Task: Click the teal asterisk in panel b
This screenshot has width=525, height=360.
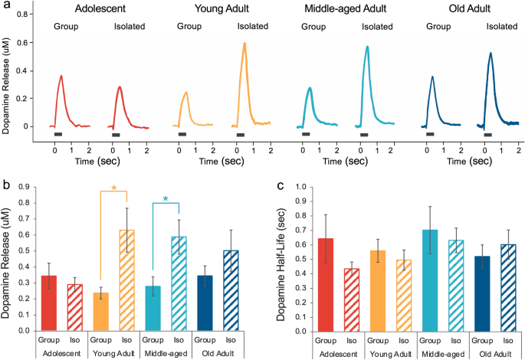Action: [166, 200]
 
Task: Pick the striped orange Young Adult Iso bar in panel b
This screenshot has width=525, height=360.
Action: [127, 280]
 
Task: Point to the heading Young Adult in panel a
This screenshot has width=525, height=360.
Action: [212, 9]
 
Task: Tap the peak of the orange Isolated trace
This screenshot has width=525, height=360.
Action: [244, 44]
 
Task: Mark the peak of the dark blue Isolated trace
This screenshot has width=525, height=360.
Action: [490, 54]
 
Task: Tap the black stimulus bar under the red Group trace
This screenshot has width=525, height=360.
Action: [58, 135]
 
